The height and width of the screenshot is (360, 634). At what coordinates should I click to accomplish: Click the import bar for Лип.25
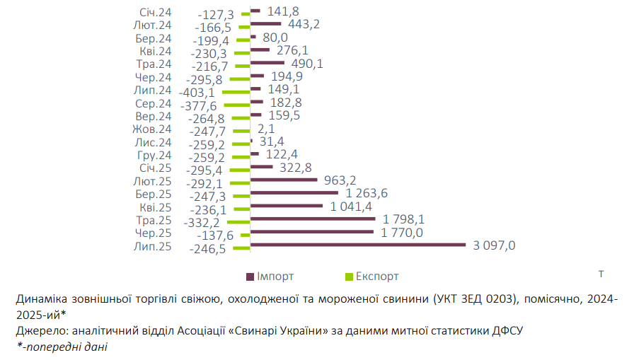tap(358, 245)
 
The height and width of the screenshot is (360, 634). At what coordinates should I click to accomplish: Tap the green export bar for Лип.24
tap(236, 92)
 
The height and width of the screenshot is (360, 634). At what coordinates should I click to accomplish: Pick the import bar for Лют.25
tap(284, 180)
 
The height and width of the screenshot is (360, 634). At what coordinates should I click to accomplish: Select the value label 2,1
tap(267, 128)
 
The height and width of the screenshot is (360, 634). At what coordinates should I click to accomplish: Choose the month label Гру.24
tap(154, 155)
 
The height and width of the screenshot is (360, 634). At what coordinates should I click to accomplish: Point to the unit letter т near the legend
tap(600, 273)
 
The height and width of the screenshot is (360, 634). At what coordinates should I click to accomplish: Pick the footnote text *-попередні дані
tap(62, 347)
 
